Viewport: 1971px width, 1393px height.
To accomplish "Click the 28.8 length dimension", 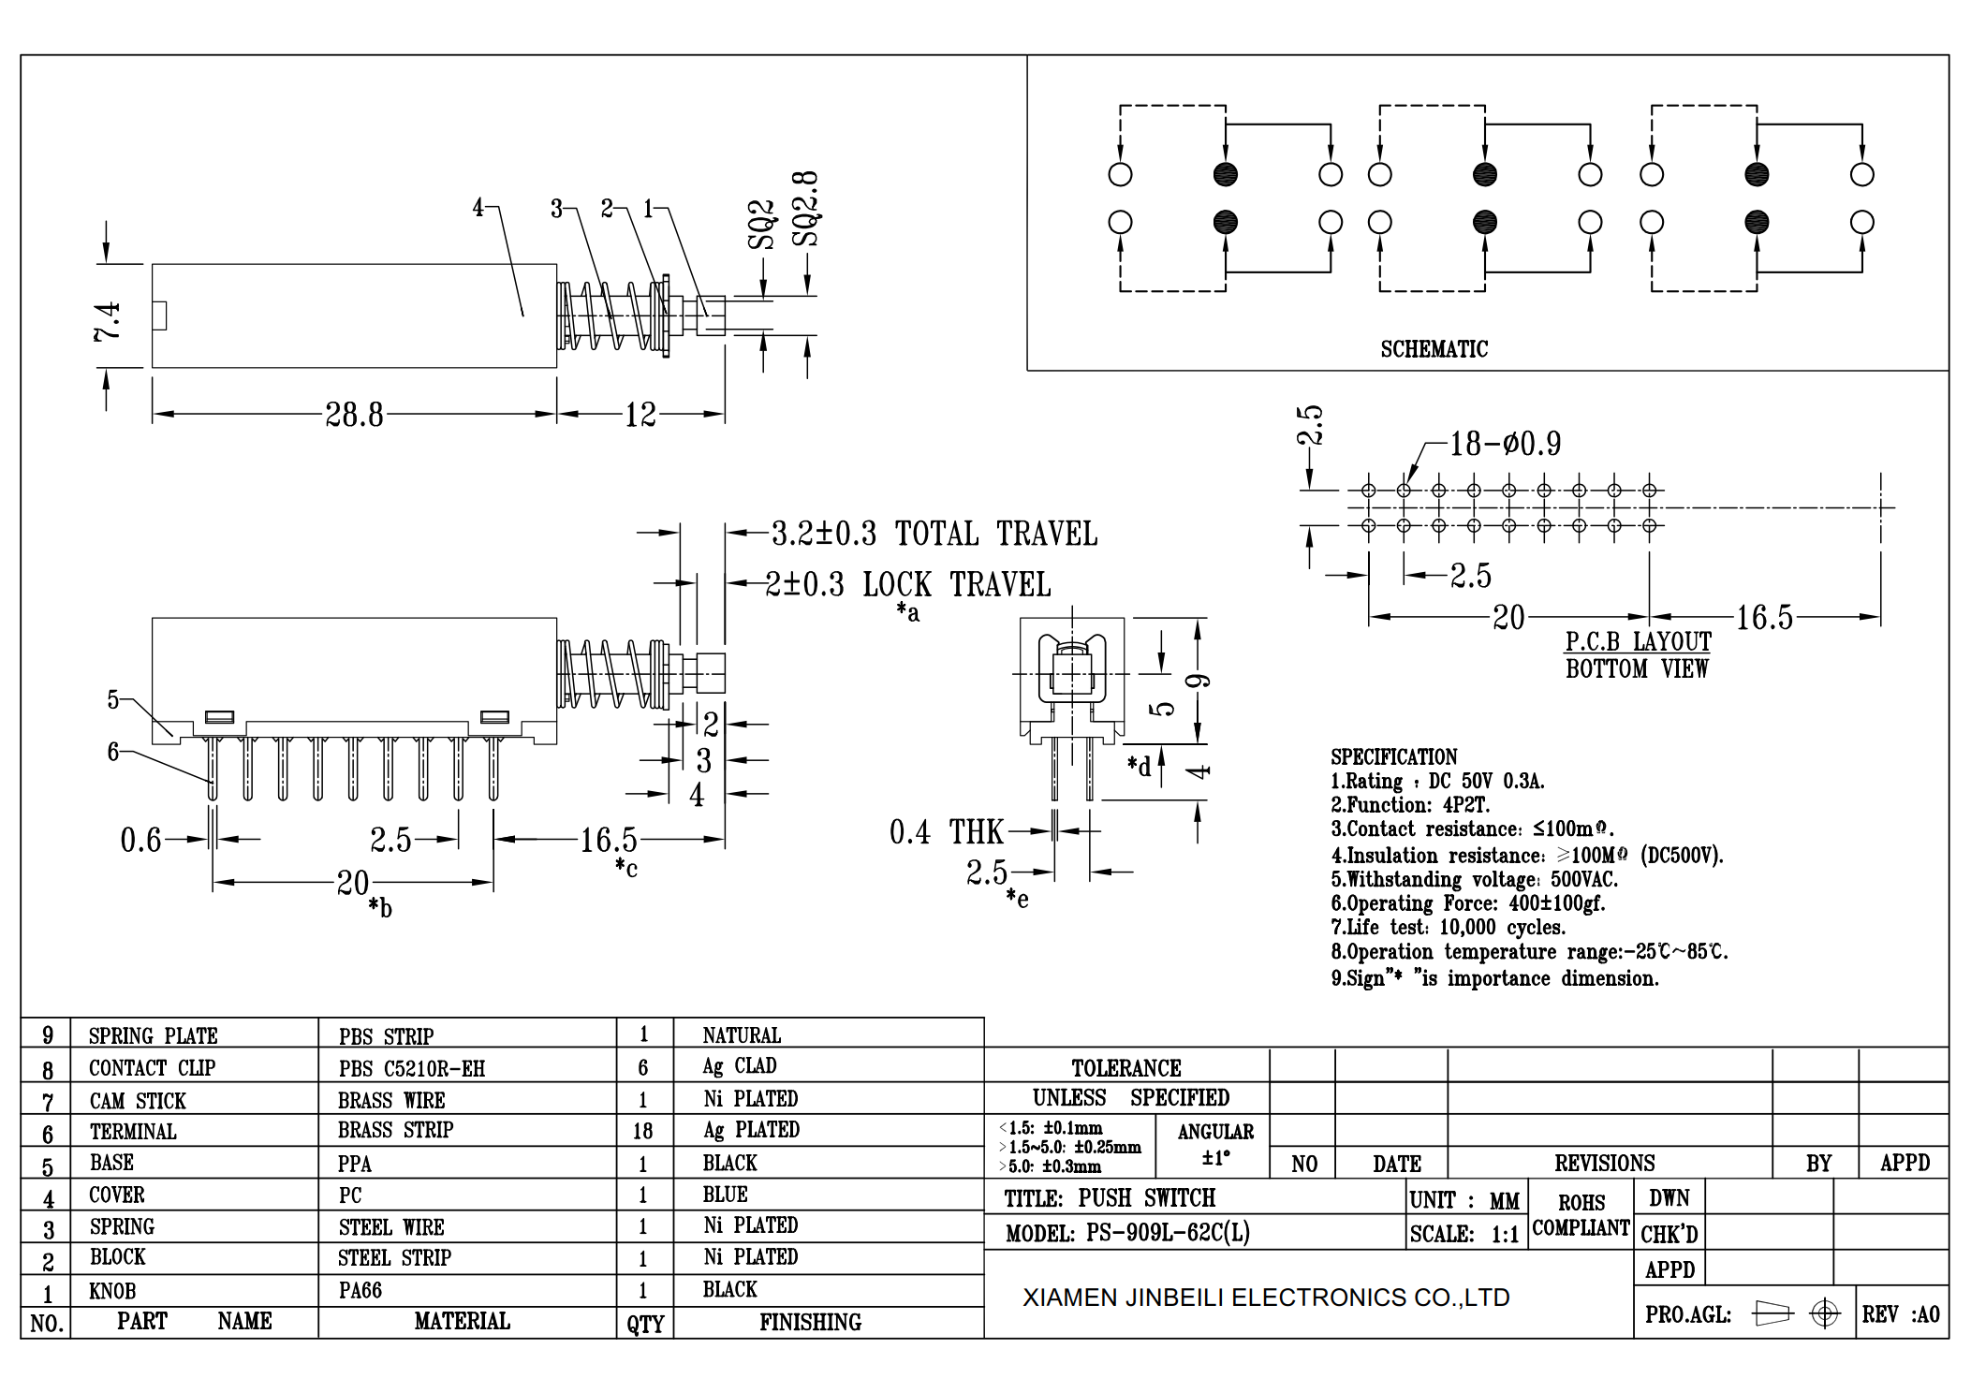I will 354,415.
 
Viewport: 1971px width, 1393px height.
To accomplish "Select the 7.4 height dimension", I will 108,320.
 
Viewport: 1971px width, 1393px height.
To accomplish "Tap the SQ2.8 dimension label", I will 805,209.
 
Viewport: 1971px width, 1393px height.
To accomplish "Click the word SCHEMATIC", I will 1434,349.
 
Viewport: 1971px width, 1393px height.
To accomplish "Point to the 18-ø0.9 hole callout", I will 1505,444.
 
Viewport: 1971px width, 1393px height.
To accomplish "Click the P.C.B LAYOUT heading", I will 1638,642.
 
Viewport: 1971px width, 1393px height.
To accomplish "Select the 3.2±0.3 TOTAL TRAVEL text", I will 934,534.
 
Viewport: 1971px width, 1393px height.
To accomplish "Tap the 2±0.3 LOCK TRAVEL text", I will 907,585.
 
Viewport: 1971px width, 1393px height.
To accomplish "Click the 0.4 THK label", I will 945,832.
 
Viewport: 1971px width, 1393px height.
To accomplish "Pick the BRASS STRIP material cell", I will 395,1131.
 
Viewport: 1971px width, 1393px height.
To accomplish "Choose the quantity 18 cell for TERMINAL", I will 642,1131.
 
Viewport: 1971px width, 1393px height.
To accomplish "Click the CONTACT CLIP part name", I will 152,1068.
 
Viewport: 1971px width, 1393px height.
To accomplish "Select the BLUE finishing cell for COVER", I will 725,1195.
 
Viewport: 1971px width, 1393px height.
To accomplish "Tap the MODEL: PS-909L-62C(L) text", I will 1127,1233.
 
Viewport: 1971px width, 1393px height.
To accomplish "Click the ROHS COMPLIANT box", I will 1581,1215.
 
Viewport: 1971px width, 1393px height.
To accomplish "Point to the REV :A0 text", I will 1900,1314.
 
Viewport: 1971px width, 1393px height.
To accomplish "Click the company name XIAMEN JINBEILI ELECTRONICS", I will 1265,1298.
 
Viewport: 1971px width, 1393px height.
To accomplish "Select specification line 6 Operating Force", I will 1467,903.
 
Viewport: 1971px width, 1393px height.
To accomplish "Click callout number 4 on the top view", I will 478,208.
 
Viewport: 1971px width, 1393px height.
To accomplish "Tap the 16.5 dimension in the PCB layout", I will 1764,618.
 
